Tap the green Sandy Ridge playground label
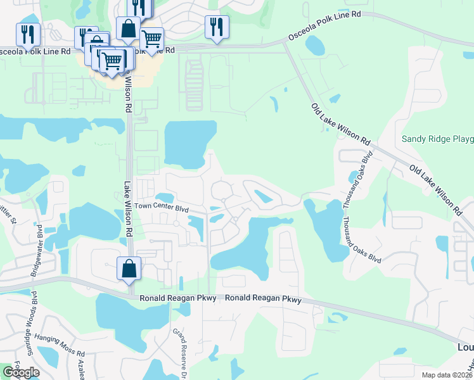[438, 139]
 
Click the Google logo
[21, 372]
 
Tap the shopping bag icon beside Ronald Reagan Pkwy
[129, 268]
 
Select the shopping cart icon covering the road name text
[151, 40]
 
